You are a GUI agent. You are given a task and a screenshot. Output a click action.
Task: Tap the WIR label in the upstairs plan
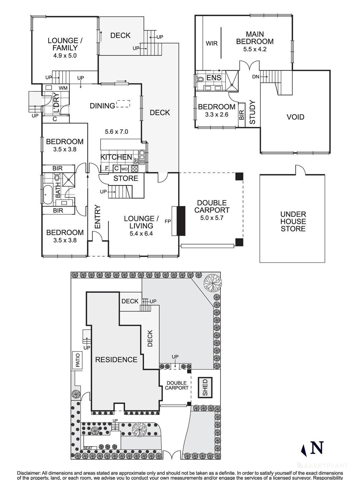211,43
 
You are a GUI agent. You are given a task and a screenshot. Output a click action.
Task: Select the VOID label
295,117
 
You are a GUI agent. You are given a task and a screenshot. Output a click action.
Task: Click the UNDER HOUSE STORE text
293,221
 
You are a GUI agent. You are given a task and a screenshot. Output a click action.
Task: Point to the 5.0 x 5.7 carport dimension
212,218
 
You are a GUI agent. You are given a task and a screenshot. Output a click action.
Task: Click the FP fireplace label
168,221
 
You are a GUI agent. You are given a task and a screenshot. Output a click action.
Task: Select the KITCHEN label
116,157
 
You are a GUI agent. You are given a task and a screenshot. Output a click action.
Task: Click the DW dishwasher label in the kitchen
135,161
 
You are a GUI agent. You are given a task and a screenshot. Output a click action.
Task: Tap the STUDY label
252,112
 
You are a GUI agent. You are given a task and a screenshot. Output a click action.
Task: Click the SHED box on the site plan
205,388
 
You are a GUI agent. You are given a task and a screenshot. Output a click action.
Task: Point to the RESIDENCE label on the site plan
116,359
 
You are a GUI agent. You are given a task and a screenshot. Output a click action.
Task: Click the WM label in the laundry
63,88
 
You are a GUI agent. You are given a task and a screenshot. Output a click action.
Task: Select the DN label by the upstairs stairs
256,77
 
